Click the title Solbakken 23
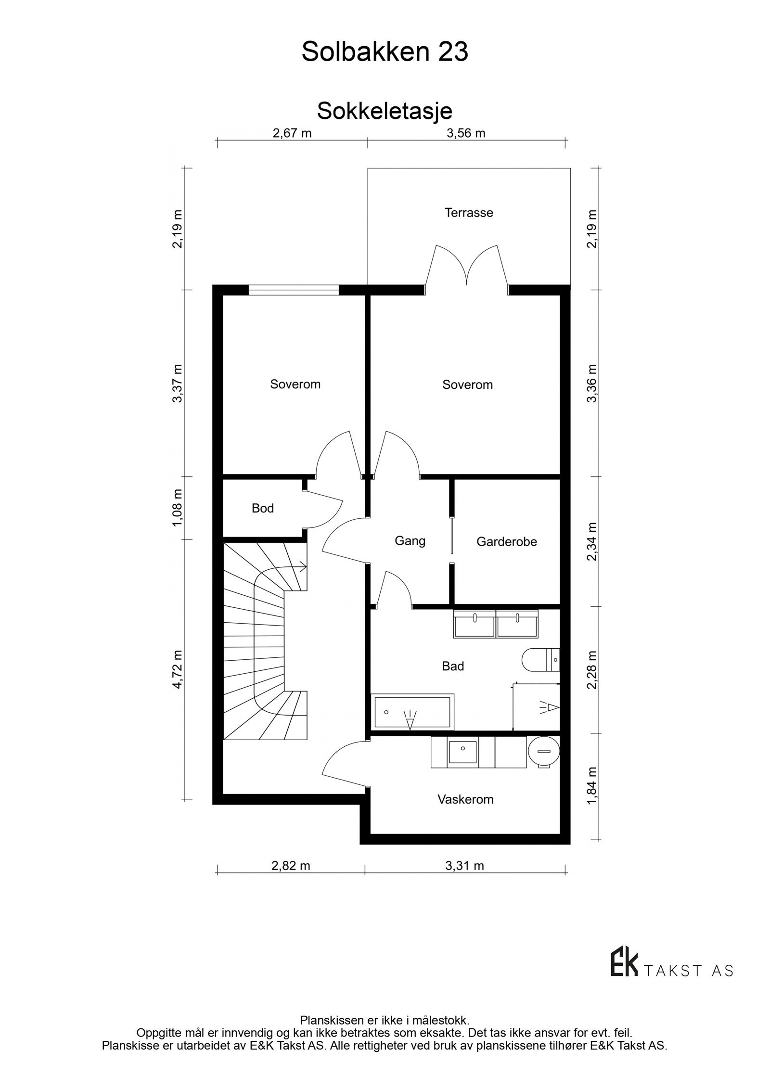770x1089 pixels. point(385,52)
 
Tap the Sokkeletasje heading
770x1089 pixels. point(385,111)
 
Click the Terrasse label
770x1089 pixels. point(468,213)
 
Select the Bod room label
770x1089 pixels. point(263,508)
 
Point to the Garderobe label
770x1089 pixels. point(506,541)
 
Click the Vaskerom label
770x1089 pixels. point(465,799)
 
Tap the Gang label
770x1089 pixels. point(410,541)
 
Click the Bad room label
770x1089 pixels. point(452,666)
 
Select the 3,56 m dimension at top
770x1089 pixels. point(465,133)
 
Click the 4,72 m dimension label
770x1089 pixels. point(178,669)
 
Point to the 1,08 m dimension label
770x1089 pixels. point(178,508)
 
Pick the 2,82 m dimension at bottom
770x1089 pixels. point(291,866)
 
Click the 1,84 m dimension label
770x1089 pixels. point(592,785)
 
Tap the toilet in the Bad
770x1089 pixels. point(540,659)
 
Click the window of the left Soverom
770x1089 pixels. point(294,290)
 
